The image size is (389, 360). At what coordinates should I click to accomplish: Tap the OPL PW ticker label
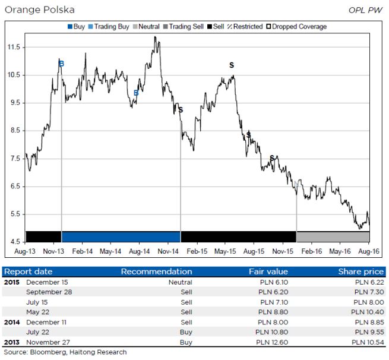click(366, 10)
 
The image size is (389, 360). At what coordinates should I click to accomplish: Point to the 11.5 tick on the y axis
click(14, 47)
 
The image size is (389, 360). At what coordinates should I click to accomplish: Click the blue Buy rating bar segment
click(121, 236)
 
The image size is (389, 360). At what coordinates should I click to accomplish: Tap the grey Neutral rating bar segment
click(333, 236)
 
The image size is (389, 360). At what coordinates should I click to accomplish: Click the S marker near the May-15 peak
click(232, 65)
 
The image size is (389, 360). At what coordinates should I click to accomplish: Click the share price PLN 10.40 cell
click(367, 312)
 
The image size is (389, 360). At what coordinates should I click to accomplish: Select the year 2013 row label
click(13, 342)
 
